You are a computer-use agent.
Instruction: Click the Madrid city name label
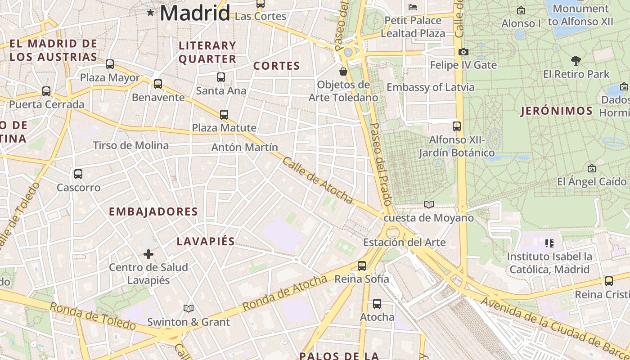click(x=195, y=13)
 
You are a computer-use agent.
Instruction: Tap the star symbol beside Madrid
click(x=150, y=13)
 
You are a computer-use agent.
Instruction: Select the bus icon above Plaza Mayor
click(x=110, y=64)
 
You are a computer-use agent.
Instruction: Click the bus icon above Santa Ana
click(x=221, y=77)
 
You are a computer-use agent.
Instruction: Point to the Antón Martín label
click(x=245, y=147)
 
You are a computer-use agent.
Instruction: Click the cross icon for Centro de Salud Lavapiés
click(x=148, y=254)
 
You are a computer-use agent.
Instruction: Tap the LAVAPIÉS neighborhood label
click(x=206, y=241)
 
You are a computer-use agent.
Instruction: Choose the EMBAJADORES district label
click(x=153, y=211)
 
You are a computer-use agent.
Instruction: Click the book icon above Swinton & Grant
click(x=189, y=309)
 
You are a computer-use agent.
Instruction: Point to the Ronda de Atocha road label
click(x=284, y=293)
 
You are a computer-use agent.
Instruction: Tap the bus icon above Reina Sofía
click(x=362, y=266)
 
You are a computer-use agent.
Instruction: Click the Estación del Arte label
click(x=405, y=243)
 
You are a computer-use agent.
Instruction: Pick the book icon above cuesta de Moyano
click(x=429, y=205)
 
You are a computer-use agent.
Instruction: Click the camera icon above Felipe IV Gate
click(x=463, y=52)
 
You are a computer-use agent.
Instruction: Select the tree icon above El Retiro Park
click(x=576, y=61)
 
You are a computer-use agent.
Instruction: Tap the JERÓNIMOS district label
click(x=557, y=111)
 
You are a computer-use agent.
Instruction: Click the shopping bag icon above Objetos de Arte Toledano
click(x=343, y=72)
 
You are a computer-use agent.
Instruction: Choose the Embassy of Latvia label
click(x=431, y=87)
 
